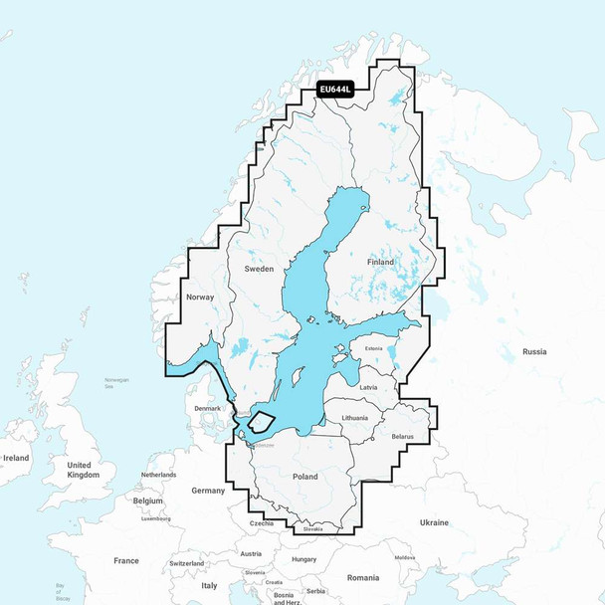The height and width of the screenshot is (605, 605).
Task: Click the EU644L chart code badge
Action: click(x=335, y=90)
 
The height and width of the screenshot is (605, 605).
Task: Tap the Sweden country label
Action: click(x=258, y=270)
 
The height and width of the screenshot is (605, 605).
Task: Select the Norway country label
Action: click(x=200, y=298)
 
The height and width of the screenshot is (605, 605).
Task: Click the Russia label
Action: click(x=534, y=351)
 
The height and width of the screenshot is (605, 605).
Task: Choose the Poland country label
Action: click(x=304, y=477)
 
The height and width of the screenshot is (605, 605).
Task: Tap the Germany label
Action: click(x=209, y=491)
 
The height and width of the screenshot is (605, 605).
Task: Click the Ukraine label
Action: click(x=434, y=522)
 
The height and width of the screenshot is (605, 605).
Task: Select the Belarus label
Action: click(x=404, y=436)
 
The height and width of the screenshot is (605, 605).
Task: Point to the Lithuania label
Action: click(x=353, y=418)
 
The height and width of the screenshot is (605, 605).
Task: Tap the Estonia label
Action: click(x=373, y=348)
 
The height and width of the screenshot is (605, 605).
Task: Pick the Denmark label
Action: click(x=207, y=409)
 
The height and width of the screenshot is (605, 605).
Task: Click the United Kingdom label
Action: click(x=84, y=470)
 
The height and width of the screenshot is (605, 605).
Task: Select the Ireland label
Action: click(x=17, y=458)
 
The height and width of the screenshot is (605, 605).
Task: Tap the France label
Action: click(x=126, y=560)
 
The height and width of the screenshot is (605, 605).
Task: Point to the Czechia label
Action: click(x=263, y=523)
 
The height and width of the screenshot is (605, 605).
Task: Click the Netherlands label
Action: click(x=158, y=475)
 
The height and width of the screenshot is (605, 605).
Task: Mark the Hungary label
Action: click(x=304, y=559)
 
